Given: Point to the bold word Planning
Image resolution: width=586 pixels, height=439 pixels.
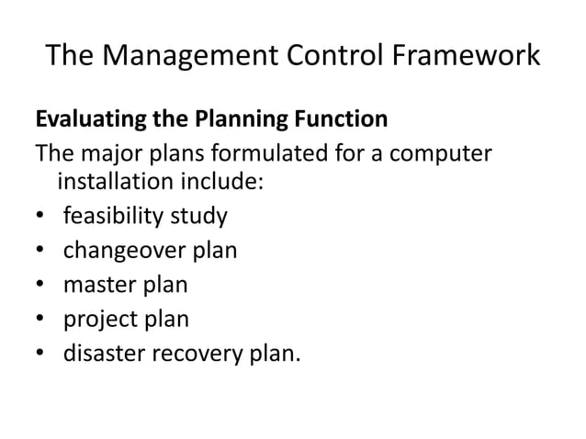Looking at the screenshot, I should (225, 120).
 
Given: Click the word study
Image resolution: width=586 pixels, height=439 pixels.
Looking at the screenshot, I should (201, 217).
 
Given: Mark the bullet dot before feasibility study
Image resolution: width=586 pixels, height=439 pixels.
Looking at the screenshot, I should (40, 218).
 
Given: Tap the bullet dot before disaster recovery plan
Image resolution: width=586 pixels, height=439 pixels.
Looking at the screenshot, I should (40, 353).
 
